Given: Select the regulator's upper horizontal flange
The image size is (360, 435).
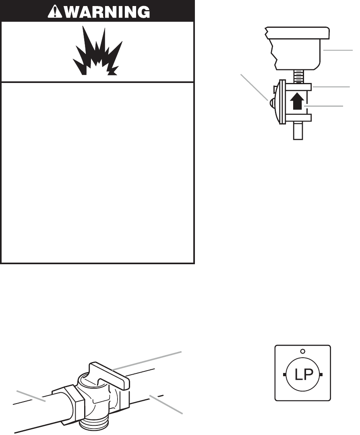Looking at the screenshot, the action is point(298,86).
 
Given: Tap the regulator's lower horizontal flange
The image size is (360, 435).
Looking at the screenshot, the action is point(298,117).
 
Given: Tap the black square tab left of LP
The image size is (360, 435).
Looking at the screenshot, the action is point(284,375).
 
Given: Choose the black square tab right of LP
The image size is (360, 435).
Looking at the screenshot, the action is point(321,375).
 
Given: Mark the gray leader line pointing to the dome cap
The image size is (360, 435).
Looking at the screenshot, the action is point(254,86).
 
